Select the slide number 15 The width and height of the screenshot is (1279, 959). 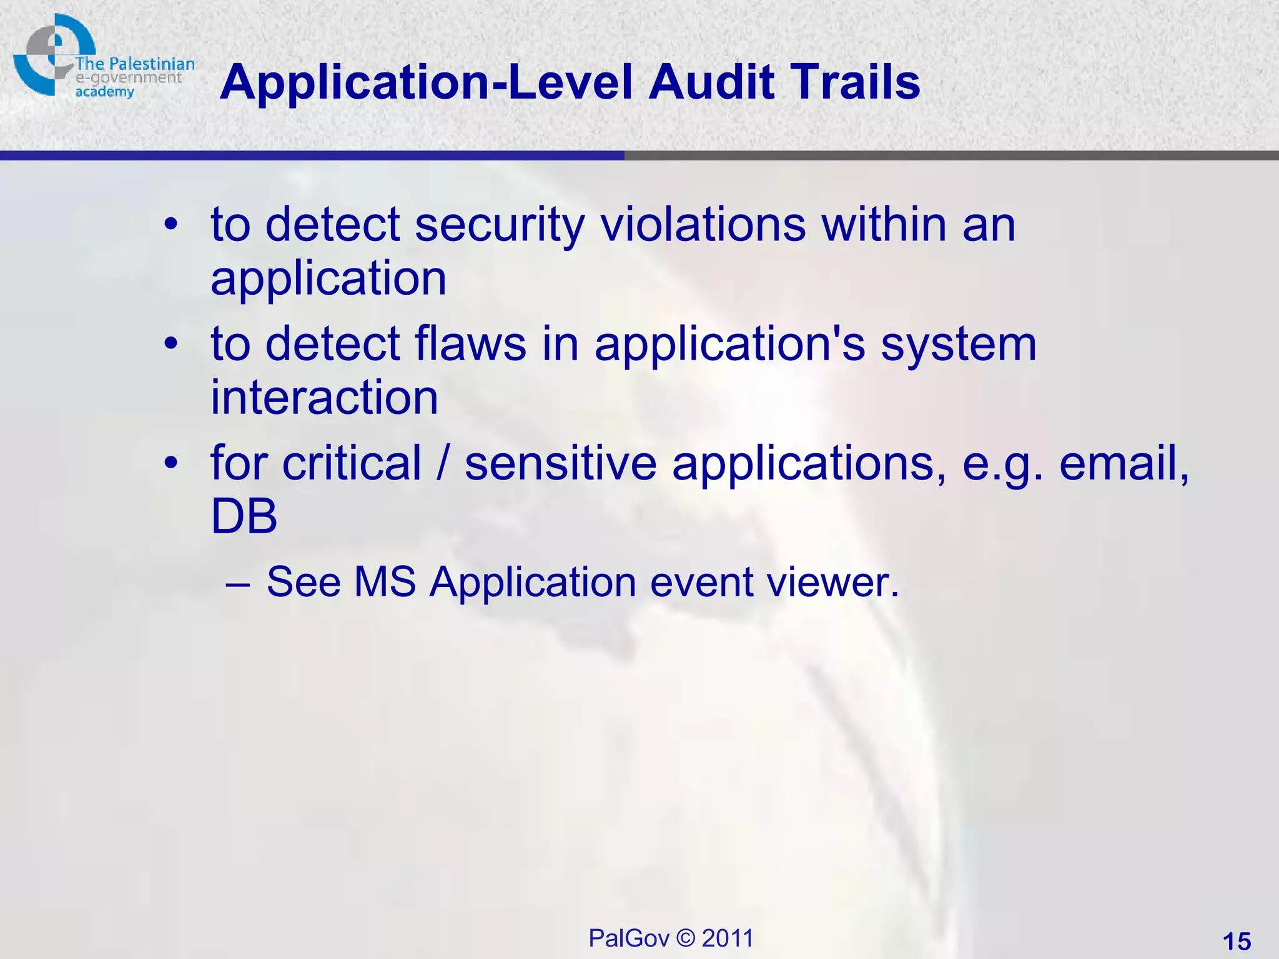pos(1237,941)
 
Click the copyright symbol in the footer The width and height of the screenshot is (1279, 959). pos(686,938)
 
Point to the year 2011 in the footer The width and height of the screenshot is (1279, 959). pos(728,938)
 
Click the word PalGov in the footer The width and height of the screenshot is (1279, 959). pos(629,938)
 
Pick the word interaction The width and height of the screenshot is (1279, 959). pos(324,398)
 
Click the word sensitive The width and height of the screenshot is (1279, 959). pos(561,463)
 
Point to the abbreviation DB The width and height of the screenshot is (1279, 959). pos(244,516)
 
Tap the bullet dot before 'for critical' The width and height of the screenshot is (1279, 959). pos(171,464)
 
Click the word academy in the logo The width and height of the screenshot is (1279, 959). pos(105,92)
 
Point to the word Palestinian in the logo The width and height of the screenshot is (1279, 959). pos(152,64)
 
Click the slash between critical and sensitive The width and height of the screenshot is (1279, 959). pos(443,463)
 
